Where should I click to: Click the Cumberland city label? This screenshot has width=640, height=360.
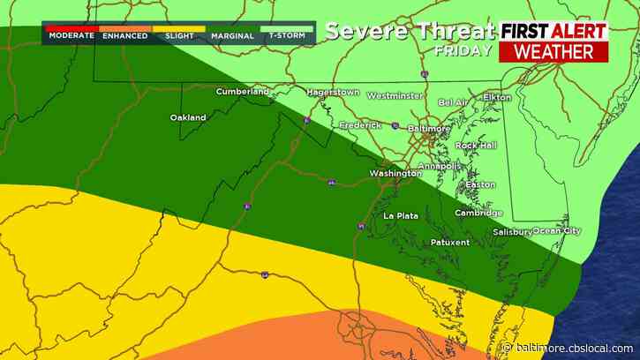tap(243, 91)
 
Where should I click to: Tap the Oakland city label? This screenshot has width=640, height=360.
tap(188, 117)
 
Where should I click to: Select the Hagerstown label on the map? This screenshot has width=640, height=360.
tap(335, 92)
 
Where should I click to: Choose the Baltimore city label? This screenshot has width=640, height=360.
tap(429, 128)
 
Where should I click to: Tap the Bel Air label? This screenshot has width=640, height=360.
tap(454, 102)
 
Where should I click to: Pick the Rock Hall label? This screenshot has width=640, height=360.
tap(477, 146)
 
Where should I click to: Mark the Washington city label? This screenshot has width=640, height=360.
tap(395, 174)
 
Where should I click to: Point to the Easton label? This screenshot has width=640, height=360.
tap(480, 184)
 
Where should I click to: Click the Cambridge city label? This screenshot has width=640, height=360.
tap(478, 213)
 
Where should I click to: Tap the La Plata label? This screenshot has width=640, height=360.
tap(400, 216)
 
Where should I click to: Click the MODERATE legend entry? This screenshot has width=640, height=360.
tap(71, 36)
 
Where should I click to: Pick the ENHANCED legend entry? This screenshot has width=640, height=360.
tap(124, 36)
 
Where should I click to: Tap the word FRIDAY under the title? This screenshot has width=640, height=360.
tap(456, 50)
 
